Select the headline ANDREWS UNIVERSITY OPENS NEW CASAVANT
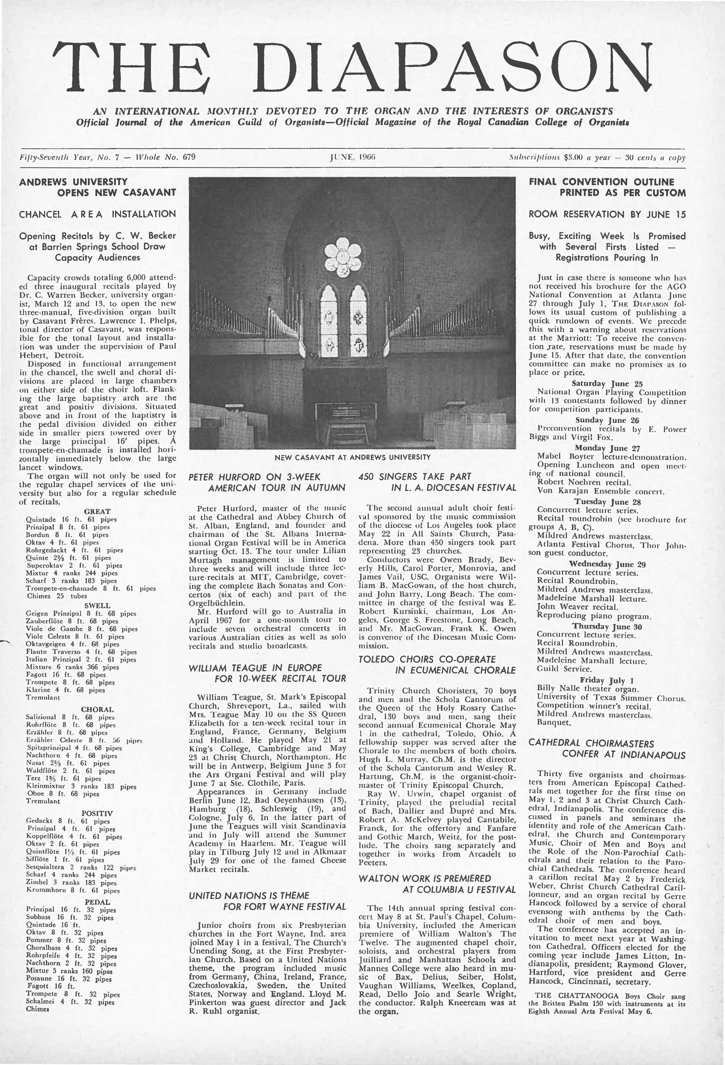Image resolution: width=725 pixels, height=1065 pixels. pyautogui.click(x=97, y=187)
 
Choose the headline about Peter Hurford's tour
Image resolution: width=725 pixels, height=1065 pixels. pyautogui.click(x=267, y=482)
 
